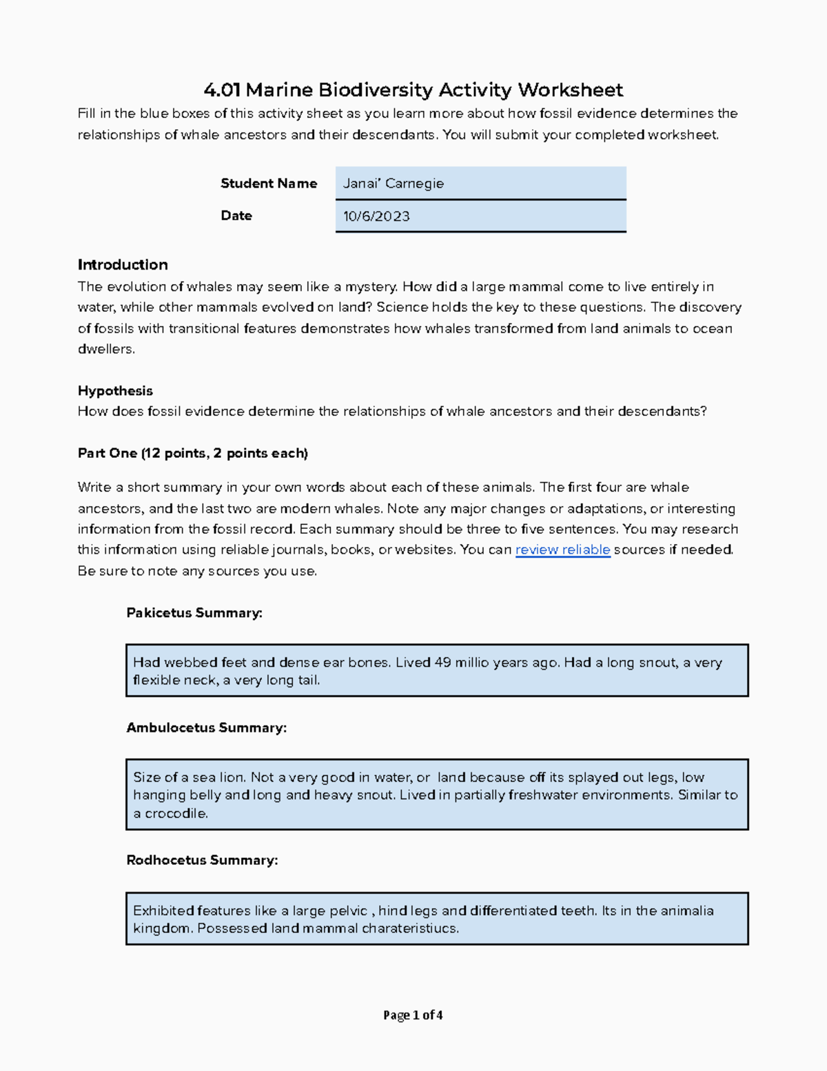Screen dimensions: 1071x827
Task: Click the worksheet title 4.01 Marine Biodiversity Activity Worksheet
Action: tap(413, 90)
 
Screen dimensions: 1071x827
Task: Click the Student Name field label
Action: tap(269, 183)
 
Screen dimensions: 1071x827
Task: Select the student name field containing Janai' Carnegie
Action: tap(480, 183)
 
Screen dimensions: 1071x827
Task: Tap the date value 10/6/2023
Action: tap(376, 217)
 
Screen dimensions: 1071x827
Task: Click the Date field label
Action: tap(236, 216)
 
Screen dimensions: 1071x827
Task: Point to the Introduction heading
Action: tap(123, 265)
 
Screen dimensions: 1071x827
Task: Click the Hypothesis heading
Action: tap(115, 391)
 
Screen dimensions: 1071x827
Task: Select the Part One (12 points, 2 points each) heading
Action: tap(192, 453)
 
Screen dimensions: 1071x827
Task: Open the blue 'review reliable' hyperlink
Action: tap(562, 550)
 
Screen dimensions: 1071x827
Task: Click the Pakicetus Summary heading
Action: tap(194, 613)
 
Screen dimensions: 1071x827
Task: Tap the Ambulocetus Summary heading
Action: tap(206, 728)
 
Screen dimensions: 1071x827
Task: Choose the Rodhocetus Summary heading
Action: tap(202, 861)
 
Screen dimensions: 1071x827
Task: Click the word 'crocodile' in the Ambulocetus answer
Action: tap(175, 814)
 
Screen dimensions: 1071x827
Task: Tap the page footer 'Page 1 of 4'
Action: tap(413, 1015)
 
